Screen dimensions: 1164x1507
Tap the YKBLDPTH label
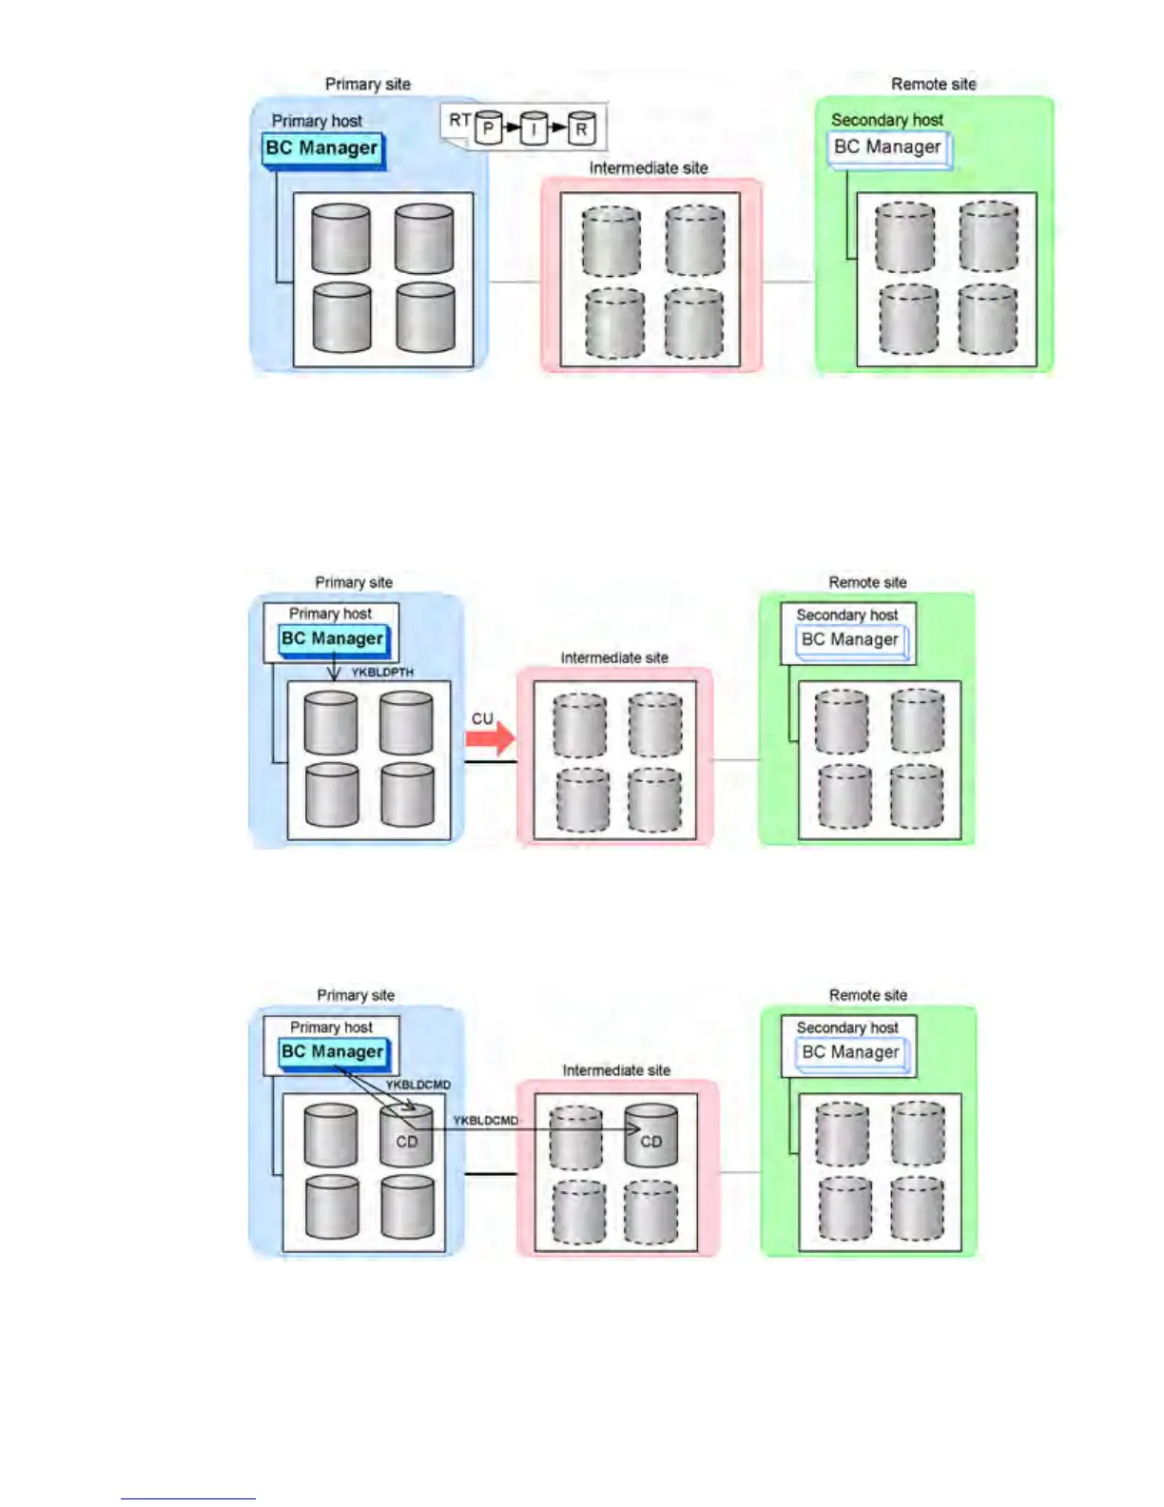[x=382, y=673]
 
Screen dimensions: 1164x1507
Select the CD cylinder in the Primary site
[x=407, y=1136]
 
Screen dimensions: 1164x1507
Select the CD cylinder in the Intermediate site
[x=650, y=1136]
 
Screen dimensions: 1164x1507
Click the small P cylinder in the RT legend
[x=488, y=127]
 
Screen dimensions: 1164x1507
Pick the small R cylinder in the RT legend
[x=581, y=128]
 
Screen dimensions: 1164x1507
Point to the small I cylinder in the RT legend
[x=534, y=128]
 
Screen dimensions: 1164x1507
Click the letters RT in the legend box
[x=459, y=121]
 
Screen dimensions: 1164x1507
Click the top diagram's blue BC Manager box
[x=322, y=149]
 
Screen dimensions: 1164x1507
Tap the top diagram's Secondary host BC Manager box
[x=887, y=148]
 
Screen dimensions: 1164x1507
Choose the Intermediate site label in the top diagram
[x=649, y=168]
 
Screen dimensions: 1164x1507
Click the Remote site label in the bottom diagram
[x=867, y=995]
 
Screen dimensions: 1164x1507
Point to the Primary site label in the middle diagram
[x=354, y=582]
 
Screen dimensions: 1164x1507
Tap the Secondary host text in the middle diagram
[x=846, y=616]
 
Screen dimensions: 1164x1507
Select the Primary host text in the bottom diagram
[x=331, y=1027]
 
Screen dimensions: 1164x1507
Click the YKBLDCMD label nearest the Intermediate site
[x=486, y=1121]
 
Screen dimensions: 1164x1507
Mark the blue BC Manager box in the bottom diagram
[x=333, y=1052]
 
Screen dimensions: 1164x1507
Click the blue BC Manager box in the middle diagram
[x=333, y=639]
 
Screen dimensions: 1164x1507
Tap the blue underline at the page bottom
[x=187, y=1498]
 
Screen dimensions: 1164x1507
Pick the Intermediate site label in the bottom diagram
[x=616, y=1070]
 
